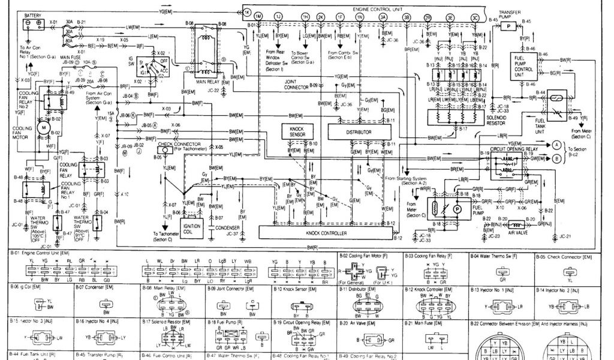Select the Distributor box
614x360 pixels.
coord(358,131)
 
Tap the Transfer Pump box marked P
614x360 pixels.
coord(508,28)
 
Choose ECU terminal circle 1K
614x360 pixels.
coord(247,12)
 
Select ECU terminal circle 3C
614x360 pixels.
coord(475,18)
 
